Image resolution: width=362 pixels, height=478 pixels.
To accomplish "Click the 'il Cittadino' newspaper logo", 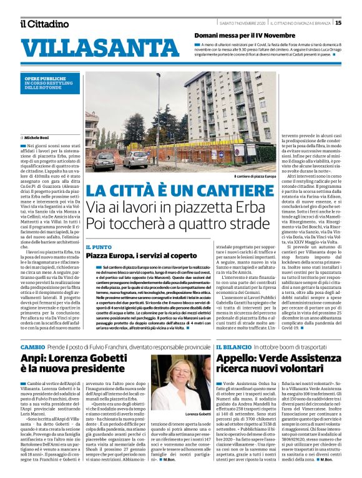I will pyautogui.click(x=44, y=24).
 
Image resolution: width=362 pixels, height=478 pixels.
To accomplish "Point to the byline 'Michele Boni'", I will pyautogui.click(x=38, y=136).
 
